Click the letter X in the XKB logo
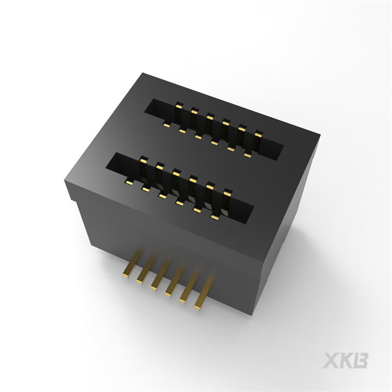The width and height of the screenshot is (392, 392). pos(332,361)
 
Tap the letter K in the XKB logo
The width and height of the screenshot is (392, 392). pos(348,361)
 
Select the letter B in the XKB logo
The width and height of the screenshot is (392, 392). pos(362,361)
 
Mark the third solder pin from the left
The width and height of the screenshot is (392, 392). pos(156,286)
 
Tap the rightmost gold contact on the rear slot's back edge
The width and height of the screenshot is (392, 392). pos(258,135)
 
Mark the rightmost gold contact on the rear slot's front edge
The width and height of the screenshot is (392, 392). pos(246,155)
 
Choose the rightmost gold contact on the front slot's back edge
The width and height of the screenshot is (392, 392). pos(226,192)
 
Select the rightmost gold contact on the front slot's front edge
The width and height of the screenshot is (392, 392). pos(214,216)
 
